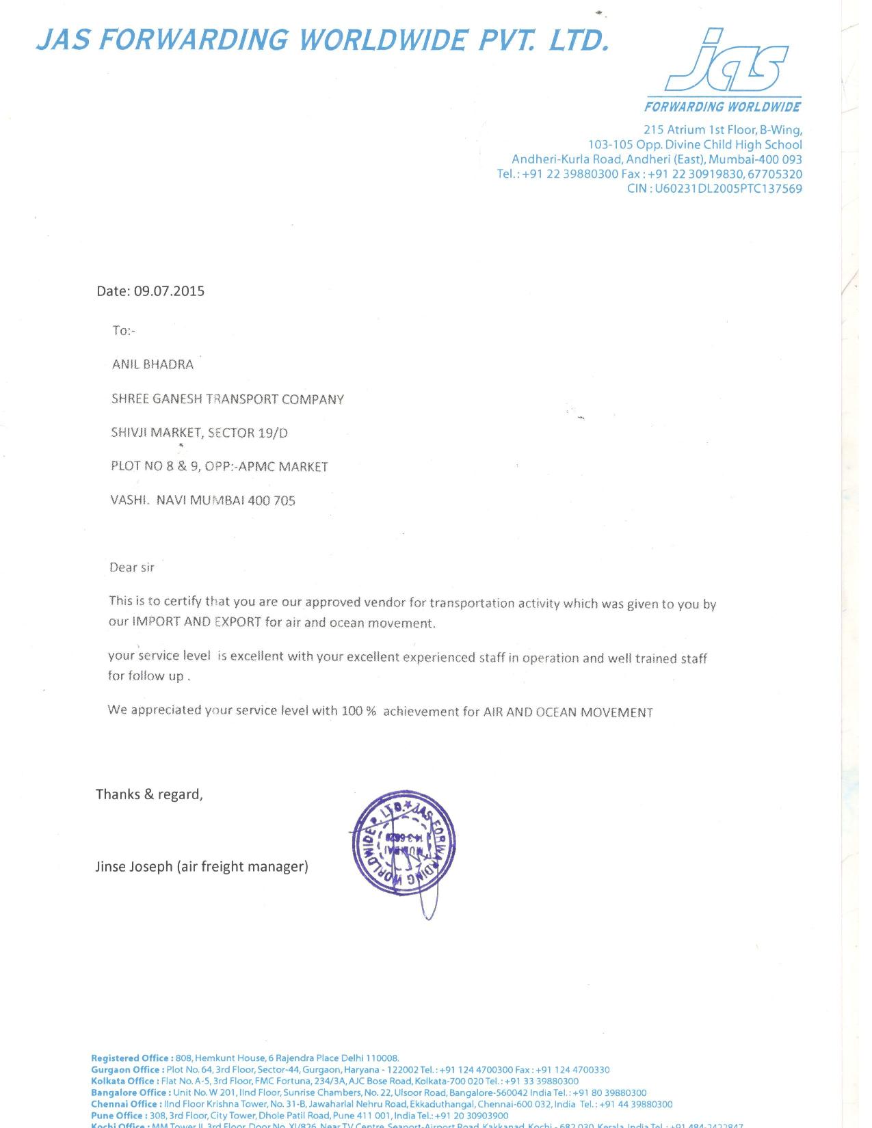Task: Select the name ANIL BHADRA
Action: [153, 364]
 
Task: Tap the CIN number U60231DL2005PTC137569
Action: [728, 189]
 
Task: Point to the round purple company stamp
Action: [403, 843]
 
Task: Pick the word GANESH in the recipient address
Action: [177, 399]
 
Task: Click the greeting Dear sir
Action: [132, 567]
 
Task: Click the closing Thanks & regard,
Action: [149, 794]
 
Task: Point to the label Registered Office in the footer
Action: [129, 1058]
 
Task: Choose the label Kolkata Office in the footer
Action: [122, 1081]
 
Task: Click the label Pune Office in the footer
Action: [116, 1115]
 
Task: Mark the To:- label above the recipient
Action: [124, 331]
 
